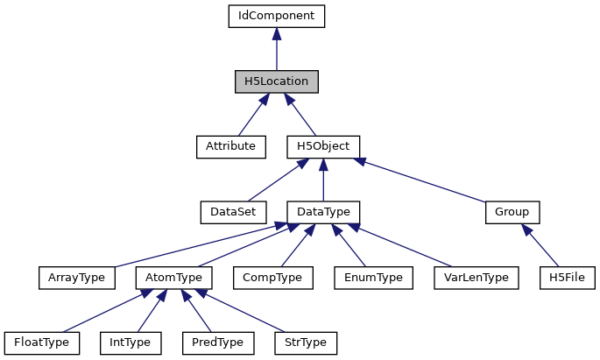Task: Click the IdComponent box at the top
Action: click(276, 16)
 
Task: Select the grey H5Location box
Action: click(276, 81)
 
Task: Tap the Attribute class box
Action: click(230, 146)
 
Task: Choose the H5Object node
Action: click(323, 146)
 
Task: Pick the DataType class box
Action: click(323, 212)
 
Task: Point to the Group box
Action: click(512, 212)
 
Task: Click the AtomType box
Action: click(173, 278)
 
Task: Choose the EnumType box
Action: click(373, 278)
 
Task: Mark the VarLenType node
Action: click(477, 278)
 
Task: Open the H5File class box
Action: click(568, 278)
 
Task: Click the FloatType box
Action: click(41, 342)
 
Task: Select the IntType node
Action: click(130, 342)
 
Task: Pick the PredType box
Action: click(217, 342)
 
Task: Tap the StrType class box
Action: click(306, 342)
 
